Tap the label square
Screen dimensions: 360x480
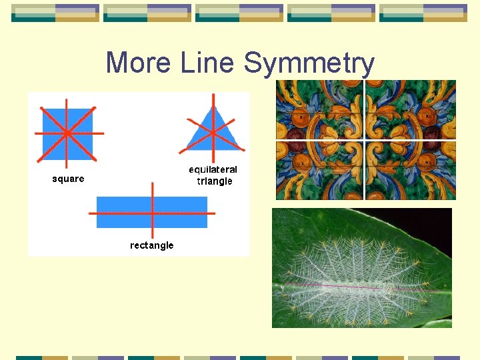click(x=68, y=179)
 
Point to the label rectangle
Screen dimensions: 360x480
click(x=151, y=245)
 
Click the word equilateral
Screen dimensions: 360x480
click(x=213, y=170)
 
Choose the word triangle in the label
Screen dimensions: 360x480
click(x=214, y=181)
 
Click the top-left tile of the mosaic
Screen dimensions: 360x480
click(x=319, y=110)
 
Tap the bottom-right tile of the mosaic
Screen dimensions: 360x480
click(x=410, y=171)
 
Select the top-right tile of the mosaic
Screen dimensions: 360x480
click(x=410, y=110)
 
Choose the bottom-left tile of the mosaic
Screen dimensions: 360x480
click(x=319, y=171)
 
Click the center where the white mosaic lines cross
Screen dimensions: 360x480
click(x=364, y=141)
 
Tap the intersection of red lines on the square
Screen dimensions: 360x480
click(x=67, y=133)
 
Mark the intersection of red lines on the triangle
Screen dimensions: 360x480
click(x=213, y=131)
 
